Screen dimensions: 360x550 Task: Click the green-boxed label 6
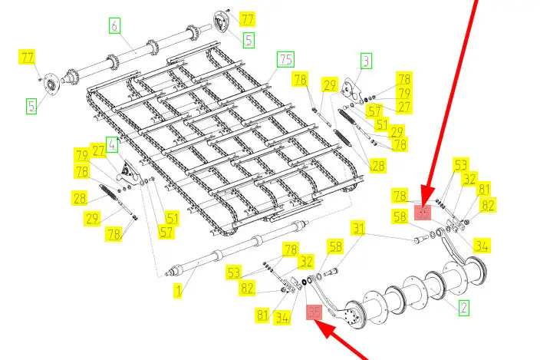pos(114,27)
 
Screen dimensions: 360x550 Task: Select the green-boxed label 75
pos(285,59)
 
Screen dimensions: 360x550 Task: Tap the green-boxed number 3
pos(366,61)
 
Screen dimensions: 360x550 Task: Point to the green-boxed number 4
pos(112,144)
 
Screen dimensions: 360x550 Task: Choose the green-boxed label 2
pos(464,308)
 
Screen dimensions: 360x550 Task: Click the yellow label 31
pos(359,228)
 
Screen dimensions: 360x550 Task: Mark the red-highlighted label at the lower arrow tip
pos(314,312)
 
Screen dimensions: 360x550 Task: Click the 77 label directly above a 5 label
pos(247,18)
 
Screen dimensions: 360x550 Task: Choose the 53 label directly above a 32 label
pos(460,165)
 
